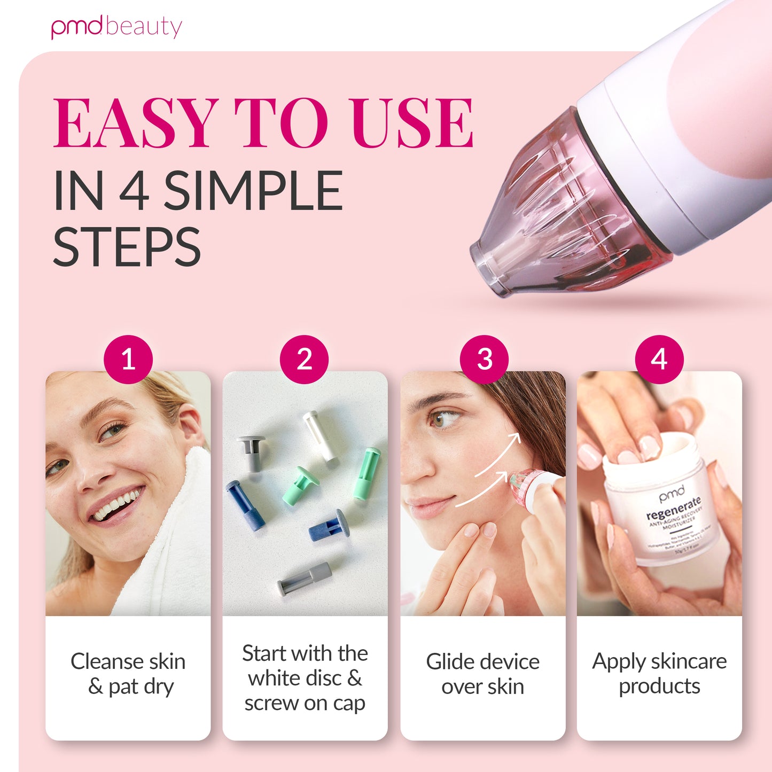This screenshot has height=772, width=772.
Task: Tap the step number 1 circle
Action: (128, 359)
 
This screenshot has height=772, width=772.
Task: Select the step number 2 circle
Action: (305, 359)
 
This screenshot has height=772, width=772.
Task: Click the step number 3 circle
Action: (484, 359)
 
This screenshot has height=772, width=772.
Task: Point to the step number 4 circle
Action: (659, 359)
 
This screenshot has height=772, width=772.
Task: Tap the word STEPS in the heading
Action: (127, 247)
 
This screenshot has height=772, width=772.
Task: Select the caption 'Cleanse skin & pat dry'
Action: (128, 674)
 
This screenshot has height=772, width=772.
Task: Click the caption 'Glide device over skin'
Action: (483, 674)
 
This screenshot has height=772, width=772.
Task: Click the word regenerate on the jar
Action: (673, 508)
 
